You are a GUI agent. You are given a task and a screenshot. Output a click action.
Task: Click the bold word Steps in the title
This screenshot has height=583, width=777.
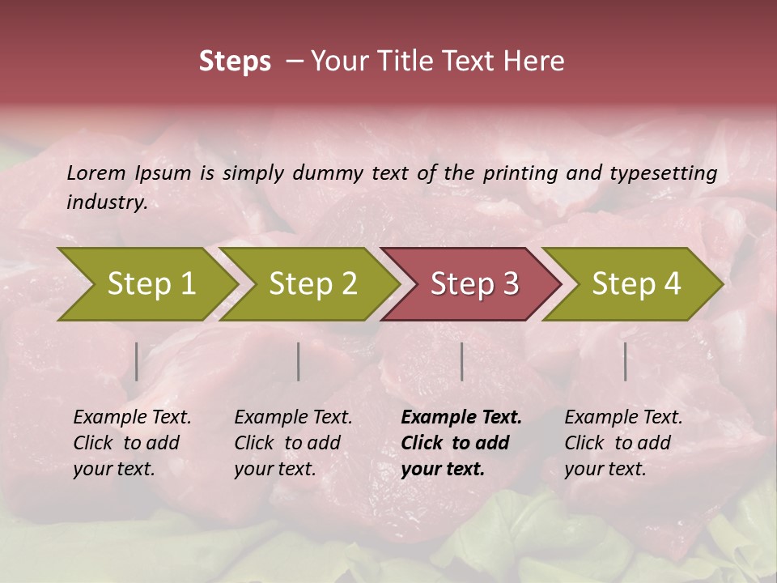[235, 62]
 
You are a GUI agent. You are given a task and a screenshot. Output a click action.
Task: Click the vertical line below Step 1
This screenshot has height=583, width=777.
[137, 361]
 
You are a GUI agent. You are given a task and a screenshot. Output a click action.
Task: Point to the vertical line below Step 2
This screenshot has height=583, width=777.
[299, 361]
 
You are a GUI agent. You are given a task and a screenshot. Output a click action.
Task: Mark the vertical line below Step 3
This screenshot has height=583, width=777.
[461, 361]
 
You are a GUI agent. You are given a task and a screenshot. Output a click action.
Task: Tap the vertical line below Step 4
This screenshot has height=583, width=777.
[625, 361]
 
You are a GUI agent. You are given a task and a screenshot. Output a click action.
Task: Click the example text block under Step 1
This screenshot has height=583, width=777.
[132, 443]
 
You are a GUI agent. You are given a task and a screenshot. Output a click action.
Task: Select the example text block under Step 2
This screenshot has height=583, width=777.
[293, 443]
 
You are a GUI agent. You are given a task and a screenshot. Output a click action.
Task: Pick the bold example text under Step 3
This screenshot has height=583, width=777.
[461, 443]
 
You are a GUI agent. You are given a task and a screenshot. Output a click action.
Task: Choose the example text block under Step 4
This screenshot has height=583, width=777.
[623, 443]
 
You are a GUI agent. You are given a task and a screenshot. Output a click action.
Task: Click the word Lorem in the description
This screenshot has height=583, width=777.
[96, 172]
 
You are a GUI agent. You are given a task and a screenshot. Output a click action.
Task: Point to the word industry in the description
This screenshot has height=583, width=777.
[106, 202]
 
